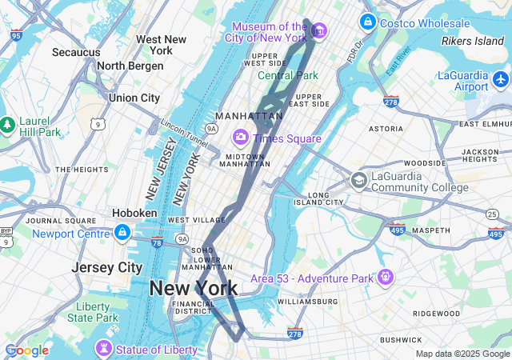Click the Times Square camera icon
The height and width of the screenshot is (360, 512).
point(240,138)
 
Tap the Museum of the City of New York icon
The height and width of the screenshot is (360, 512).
point(319,31)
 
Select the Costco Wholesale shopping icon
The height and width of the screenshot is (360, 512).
point(368,22)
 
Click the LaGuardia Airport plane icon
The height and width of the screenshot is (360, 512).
point(501,79)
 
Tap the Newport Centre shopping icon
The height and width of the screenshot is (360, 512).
point(122,233)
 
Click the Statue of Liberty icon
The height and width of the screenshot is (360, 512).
point(103,349)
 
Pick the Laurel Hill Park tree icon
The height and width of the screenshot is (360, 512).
point(8,125)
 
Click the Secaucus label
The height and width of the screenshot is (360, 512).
point(76,52)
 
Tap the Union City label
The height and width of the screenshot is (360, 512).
point(134,98)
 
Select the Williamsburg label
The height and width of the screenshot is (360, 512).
point(308,302)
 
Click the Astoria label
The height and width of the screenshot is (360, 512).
point(386,128)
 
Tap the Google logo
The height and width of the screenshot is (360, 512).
point(26,350)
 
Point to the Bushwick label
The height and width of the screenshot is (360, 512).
point(401,340)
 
